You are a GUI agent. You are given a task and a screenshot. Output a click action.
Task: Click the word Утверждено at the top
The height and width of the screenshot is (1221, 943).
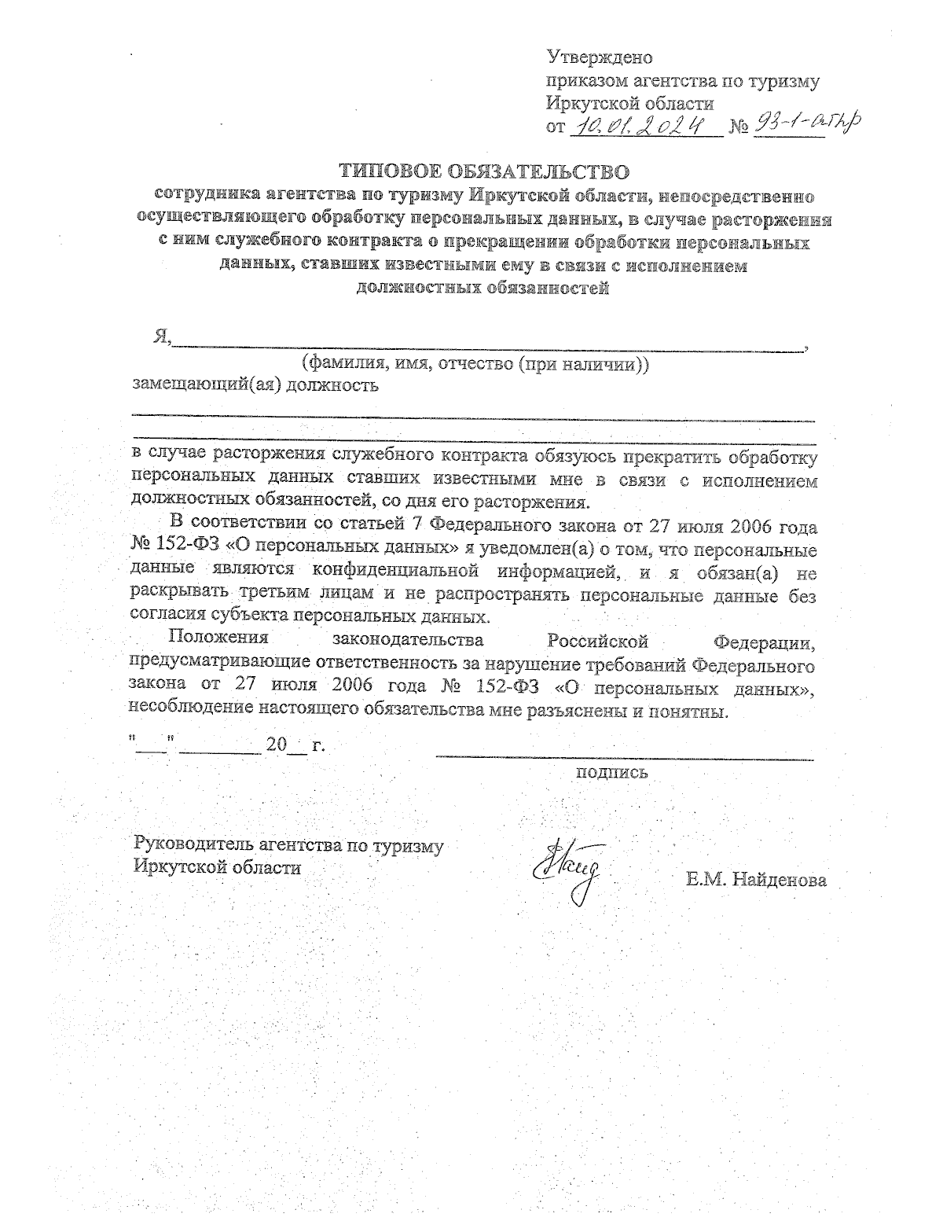coord(599,58)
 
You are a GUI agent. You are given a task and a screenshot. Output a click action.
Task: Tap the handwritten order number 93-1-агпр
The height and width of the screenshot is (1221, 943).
coord(805,122)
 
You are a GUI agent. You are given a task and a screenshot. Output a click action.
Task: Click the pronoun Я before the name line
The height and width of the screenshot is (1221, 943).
coord(162,337)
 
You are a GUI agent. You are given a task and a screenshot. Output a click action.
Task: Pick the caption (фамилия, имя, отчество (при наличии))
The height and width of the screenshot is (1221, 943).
coord(475,364)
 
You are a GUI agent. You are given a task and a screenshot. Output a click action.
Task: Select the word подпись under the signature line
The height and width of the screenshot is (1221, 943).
coord(612,772)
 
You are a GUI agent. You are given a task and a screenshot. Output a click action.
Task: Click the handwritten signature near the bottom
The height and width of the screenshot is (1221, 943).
coord(567,869)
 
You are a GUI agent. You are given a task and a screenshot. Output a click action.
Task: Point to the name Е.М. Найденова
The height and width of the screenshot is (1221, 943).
coord(755,880)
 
